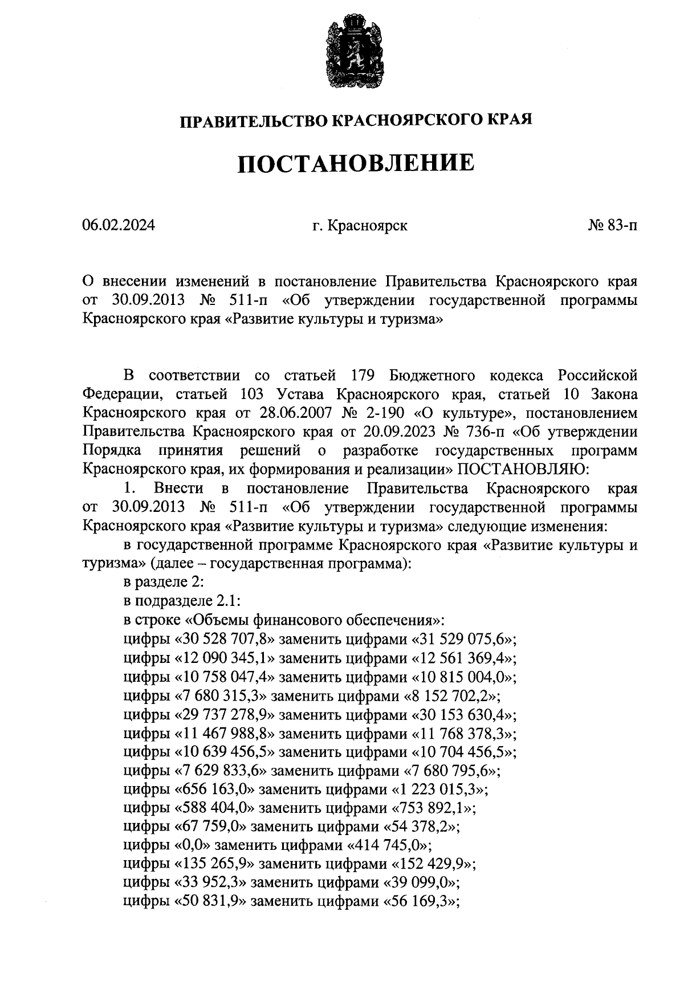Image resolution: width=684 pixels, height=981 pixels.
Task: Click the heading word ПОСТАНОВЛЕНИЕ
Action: click(x=356, y=164)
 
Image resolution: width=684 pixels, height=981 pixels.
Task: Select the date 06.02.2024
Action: click(x=119, y=226)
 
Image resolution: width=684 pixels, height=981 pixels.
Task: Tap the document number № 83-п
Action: click(x=613, y=226)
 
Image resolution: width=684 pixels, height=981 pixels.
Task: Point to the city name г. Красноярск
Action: click(x=360, y=226)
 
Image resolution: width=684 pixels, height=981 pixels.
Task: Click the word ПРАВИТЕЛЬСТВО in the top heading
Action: click(x=254, y=121)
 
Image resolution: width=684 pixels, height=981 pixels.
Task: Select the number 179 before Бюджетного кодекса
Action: click(x=360, y=376)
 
